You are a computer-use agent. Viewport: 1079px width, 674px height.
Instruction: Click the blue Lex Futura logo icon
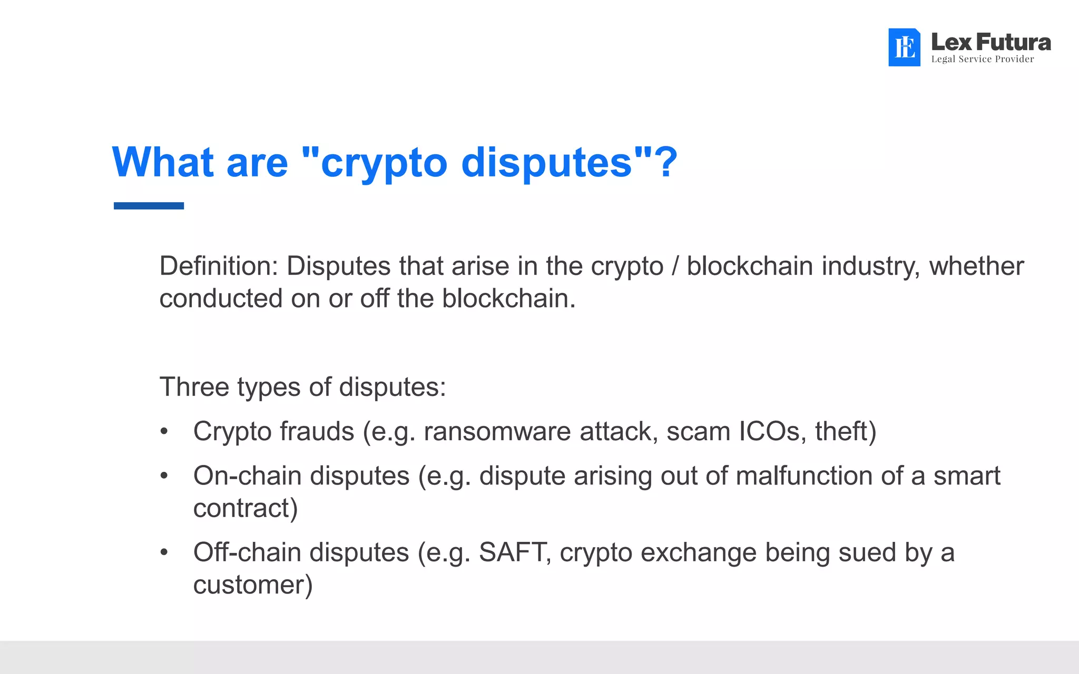(x=904, y=47)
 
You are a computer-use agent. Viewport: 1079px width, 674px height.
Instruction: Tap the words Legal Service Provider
(x=982, y=59)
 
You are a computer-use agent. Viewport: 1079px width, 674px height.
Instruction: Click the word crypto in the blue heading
(x=384, y=163)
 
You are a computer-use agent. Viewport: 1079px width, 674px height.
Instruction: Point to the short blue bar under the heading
(x=149, y=206)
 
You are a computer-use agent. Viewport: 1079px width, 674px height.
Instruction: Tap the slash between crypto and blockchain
(x=675, y=266)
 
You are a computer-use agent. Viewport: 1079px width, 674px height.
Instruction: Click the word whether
(x=976, y=266)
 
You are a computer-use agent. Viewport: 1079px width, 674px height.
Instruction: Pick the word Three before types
(x=193, y=387)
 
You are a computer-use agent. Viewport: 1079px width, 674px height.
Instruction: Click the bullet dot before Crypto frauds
(x=164, y=432)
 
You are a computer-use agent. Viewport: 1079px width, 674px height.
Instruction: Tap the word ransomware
(x=497, y=432)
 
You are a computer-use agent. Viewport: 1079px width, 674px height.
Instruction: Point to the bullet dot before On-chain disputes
(x=164, y=476)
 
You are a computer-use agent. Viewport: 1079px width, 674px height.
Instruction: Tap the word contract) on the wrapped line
(x=246, y=509)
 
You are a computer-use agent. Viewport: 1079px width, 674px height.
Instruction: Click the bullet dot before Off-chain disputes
(x=164, y=553)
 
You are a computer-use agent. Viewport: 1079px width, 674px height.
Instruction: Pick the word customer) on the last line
(x=253, y=585)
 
